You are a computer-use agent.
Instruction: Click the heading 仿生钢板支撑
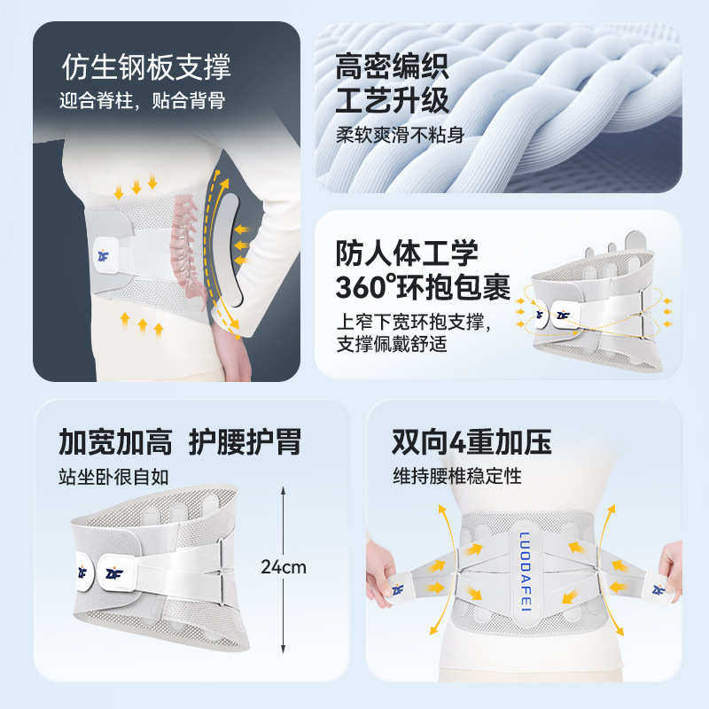coord(146,66)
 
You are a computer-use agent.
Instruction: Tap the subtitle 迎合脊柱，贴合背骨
coord(143,101)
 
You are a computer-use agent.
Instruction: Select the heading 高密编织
coord(393,66)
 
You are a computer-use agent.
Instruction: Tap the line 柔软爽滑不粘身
coord(401,135)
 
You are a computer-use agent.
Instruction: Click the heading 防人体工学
coord(407,253)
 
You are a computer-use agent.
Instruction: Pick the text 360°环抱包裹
coord(423,287)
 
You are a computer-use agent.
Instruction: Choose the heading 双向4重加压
coord(471,440)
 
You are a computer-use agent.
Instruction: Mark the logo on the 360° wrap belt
coord(562,313)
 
